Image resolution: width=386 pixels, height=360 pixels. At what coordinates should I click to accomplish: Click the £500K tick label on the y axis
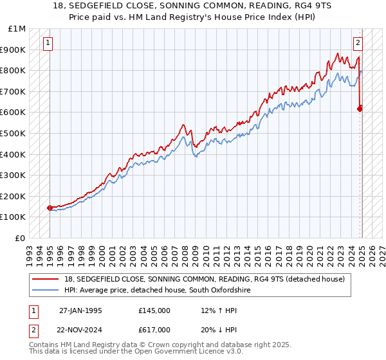tap(13, 133)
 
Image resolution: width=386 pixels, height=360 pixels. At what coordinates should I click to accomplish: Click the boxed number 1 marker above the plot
tap(49, 43)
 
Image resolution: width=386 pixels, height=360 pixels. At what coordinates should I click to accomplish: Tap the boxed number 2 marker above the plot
tap(358, 43)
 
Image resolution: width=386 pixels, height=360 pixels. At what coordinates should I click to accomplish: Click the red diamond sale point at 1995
tap(50, 208)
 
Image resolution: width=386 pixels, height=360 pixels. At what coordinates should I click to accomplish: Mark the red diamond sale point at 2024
tap(360, 109)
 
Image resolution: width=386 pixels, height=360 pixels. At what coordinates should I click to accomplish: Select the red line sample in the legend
tap(46, 279)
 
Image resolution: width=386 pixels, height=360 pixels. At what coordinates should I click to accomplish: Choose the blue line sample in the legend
tap(46, 291)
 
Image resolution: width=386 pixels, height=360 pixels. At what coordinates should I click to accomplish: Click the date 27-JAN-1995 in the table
tap(80, 310)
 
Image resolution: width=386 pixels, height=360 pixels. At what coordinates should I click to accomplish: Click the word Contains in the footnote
tap(44, 346)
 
